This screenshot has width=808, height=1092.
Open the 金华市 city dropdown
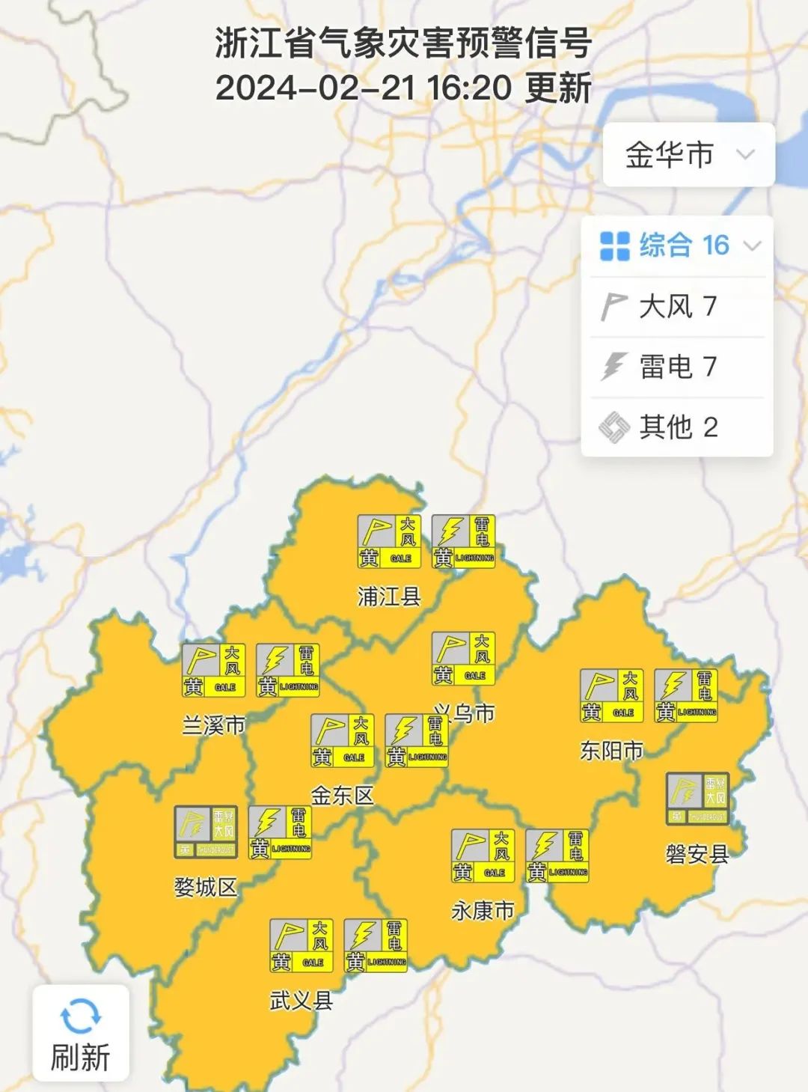pyautogui.click(x=688, y=155)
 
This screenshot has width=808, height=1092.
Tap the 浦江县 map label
pyautogui.click(x=389, y=597)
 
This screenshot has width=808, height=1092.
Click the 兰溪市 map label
pyautogui.click(x=213, y=725)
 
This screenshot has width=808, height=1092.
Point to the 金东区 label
pyautogui.click(x=342, y=796)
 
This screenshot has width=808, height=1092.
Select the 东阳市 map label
pyautogui.click(x=611, y=750)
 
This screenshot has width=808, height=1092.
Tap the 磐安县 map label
pyautogui.click(x=697, y=853)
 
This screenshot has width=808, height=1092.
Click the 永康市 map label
pyautogui.click(x=483, y=911)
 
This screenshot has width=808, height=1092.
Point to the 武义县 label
pyautogui.click(x=301, y=1001)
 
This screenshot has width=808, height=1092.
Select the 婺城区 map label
pyautogui.click(x=205, y=887)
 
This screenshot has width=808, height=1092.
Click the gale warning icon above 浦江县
pyautogui.click(x=389, y=541)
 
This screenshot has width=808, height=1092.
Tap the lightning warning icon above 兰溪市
pyautogui.click(x=288, y=670)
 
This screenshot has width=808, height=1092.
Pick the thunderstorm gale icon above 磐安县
pyautogui.click(x=697, y=799)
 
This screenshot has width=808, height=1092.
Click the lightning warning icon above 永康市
pyautogui.click(x=557, y=855)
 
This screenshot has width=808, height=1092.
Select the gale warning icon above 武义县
pyautogui.click(x=301, y=946)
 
